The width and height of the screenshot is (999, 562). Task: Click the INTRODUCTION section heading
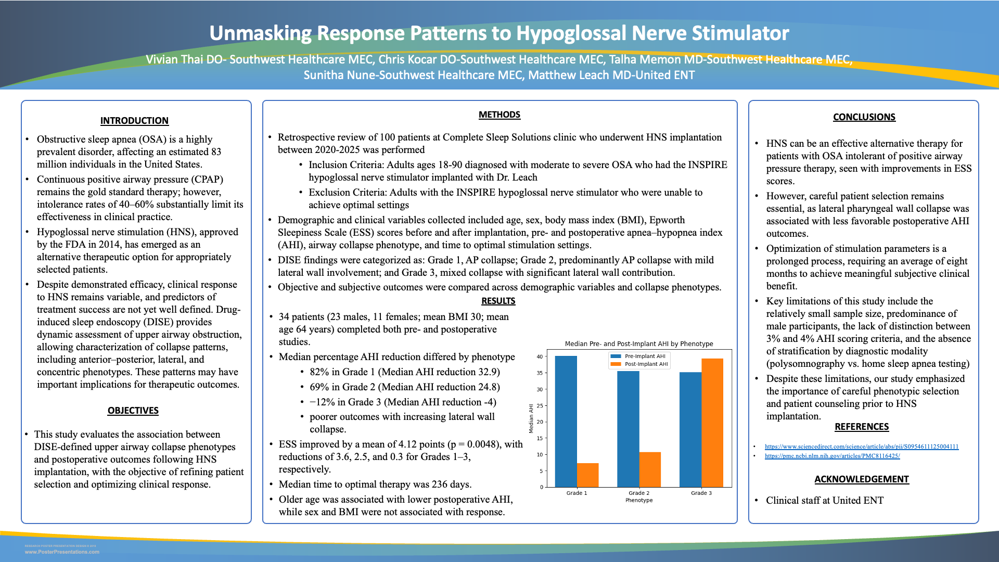[134, 121]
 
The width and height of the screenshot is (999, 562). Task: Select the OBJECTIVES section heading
[133, 411]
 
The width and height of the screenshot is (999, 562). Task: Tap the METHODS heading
[499, 114]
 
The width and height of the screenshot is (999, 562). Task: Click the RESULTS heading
[498, 301]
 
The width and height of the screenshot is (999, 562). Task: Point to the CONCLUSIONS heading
[864, 117]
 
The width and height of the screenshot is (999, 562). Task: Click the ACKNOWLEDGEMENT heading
[861, 479]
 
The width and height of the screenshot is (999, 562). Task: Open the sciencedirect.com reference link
[861, 446]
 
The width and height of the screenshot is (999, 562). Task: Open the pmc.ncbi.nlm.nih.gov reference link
[832, 456]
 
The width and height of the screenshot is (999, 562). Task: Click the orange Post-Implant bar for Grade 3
[712, 423]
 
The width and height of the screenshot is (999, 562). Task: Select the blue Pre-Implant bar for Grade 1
[566, 421]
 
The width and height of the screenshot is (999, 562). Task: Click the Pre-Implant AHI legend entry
[645, 356]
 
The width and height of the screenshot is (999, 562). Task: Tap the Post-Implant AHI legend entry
[646, 364]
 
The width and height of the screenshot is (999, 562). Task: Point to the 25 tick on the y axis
[540, 406]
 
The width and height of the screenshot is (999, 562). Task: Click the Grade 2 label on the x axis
[639, 493]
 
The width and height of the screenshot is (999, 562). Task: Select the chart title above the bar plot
[639, 344]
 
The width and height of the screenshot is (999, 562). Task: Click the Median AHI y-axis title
[531, 418]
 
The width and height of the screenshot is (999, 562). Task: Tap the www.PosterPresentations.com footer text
[62, 552]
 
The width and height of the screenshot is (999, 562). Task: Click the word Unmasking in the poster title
[260, 33]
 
